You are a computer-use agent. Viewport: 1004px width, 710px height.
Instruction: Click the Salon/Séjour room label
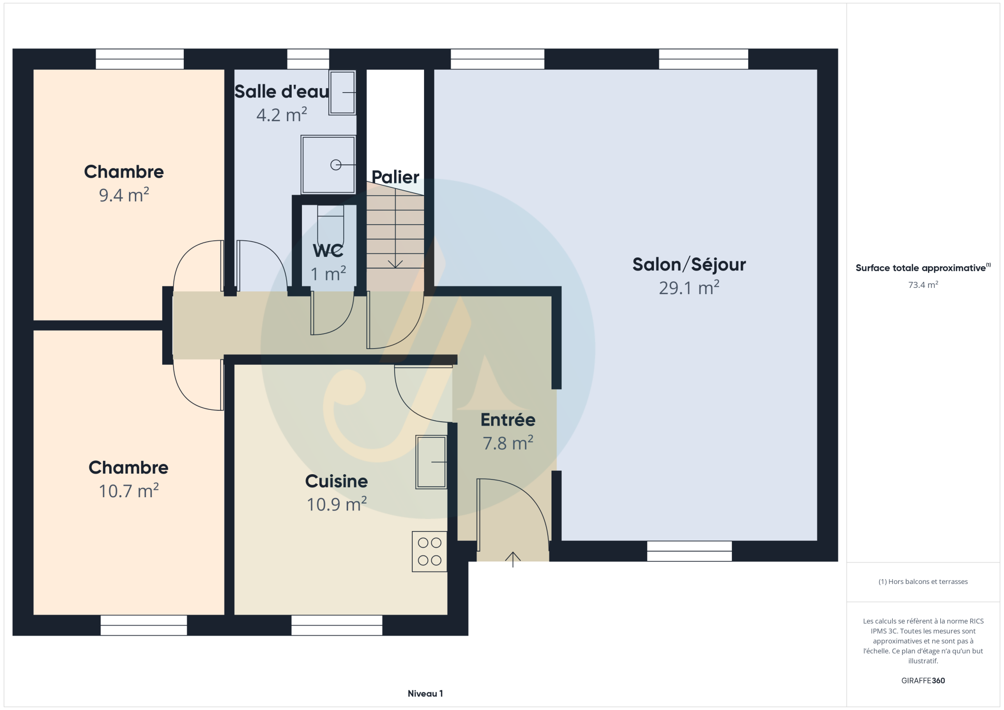coord(689,265)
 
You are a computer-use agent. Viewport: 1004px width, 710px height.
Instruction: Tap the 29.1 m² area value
coord(689,288)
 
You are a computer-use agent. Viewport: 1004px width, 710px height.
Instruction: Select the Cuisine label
coord(336,481)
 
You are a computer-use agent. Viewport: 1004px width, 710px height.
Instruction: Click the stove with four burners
coord(429,552)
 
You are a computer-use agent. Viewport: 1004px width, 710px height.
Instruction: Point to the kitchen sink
coord(431,462)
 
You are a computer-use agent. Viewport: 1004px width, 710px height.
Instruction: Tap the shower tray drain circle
coord(336,165)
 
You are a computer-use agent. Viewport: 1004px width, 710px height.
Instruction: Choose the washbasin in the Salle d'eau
coord(342,93)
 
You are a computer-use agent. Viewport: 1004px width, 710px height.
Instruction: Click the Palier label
coord(395,177)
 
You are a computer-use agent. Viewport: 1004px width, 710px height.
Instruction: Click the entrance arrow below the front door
coord(513,559)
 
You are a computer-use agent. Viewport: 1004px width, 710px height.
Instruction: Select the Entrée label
coord(508,420)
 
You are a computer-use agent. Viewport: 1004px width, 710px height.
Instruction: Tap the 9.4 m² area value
coord(124,195)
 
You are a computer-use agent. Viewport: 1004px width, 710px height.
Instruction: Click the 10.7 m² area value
coord(128,491)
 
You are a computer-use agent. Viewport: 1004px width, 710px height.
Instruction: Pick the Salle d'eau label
coord(281,92)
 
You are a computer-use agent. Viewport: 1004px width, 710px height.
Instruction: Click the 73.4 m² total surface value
coord(923,285)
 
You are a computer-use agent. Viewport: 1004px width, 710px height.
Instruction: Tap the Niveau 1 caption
coord(426,693)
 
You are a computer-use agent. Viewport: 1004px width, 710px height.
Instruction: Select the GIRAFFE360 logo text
coord(923,681)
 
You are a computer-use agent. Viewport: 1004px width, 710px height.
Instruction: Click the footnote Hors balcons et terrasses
coord(923,582)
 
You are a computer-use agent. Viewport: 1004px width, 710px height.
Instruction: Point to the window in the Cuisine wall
coord(337,625)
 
